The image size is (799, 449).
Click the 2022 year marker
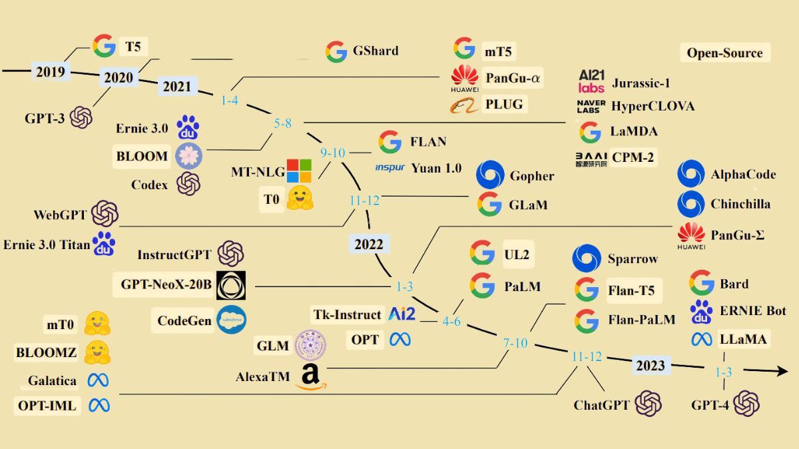click(368, 244)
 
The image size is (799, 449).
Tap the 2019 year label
click(51, 71)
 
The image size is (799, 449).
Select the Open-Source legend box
click(724, 53)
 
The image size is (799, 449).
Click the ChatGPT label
click(602, 405)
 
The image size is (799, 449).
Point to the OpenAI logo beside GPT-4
click(746, 404)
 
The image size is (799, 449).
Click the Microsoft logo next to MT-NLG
click(299, 171)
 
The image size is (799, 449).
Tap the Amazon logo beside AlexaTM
click(310, 377)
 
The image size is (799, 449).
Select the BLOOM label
click(142, 157)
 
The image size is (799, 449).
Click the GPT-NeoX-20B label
click(166, 285)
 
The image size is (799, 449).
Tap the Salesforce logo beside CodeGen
click(232, 320)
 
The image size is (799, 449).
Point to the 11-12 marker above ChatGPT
click(587, 357)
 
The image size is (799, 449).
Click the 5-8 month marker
click(283, 123)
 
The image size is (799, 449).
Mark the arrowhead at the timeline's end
click(780, 370)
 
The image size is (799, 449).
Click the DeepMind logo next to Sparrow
click(587, 258)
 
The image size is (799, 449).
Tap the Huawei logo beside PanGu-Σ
click(691, 234)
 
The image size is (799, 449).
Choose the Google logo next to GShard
click(336, 51)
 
